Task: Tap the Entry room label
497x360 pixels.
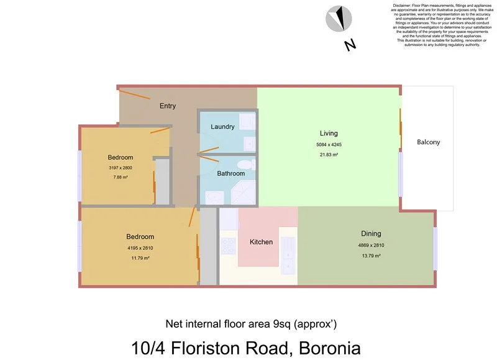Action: click(167, 106)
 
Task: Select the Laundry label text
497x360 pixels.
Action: click(222, 127)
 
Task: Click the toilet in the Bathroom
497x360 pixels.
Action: click(247, 164)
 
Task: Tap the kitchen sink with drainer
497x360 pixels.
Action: click(289, 255)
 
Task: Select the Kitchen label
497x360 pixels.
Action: click(261, 242)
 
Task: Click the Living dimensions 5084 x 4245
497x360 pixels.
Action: click(329, 144)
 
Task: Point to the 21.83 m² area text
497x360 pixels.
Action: click(329, 154)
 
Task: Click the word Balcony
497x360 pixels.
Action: click(428, 142)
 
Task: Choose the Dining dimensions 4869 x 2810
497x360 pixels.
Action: click(371, 245)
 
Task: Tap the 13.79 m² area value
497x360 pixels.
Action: click(371, 255)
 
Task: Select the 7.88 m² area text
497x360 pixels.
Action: click(120, 177)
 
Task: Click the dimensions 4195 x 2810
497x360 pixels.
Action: click(140, 247)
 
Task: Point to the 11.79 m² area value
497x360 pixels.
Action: click(140, 257)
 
